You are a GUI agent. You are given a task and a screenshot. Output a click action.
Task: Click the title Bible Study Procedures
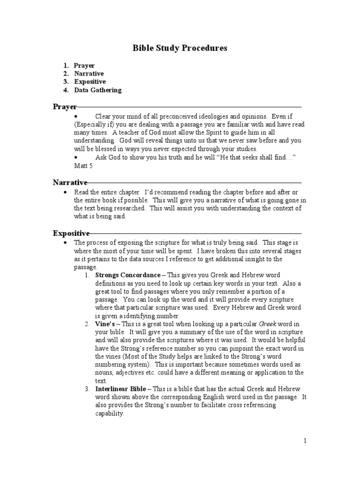[180, 48]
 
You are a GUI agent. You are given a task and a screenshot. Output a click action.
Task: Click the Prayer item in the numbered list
[84, 66]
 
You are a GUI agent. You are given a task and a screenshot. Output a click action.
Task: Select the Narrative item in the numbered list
[89, 74]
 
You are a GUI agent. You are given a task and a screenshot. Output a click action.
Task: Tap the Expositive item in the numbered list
[90, 82]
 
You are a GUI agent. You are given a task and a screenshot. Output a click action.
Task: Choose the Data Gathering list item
[97, 90]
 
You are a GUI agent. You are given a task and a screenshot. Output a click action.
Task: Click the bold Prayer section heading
[64, 107]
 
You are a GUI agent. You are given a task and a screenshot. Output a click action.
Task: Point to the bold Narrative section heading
[70, 182]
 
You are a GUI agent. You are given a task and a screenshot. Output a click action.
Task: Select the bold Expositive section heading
[71, 233]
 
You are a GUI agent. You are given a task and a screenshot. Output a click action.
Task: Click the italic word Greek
[268, 324]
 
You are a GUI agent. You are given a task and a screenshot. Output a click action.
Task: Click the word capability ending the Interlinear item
[110, 413]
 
